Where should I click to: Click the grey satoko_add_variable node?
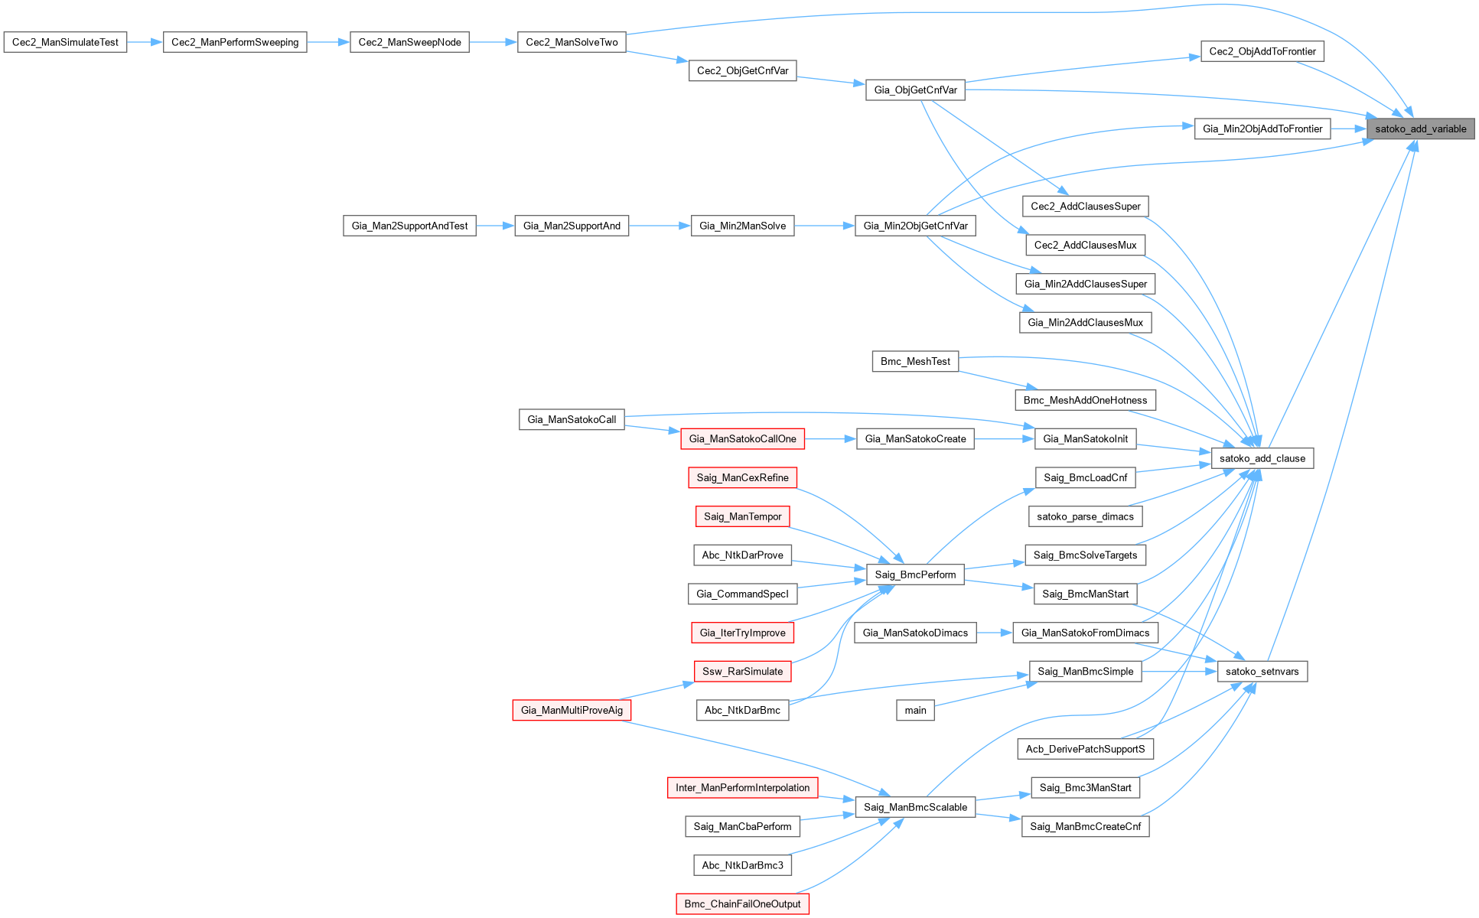tap(1420, 129)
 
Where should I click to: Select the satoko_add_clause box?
tap(1262, 458)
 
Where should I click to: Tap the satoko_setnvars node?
tap(1262, 672)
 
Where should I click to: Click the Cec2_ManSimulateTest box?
tap(65, 42)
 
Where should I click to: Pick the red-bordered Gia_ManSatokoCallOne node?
tap(742, 438)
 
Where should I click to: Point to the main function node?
tap(915, 710)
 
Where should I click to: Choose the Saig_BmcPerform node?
tap(915, 575)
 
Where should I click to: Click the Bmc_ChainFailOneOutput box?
tap(742, 903)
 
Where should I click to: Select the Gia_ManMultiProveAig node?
tap(572, 710)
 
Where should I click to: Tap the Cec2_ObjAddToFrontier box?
tap(1262, 51)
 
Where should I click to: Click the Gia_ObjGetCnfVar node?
tap(915, 90)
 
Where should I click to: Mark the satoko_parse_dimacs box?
tap(1085, 516)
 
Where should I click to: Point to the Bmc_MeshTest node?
tap(915, 361)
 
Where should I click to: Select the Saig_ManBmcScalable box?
tap(915, 807)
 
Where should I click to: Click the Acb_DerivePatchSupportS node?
tap(1085, 749)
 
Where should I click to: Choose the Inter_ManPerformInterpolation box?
tap(742, 787)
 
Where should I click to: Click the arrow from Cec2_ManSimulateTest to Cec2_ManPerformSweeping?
tap(145, 42)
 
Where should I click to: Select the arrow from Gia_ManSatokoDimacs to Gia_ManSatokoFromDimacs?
tap(994, 633)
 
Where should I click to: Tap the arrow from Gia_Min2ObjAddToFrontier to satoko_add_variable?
tap(1348, 129)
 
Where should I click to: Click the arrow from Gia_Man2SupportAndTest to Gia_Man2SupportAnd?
tap(495, 226)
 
